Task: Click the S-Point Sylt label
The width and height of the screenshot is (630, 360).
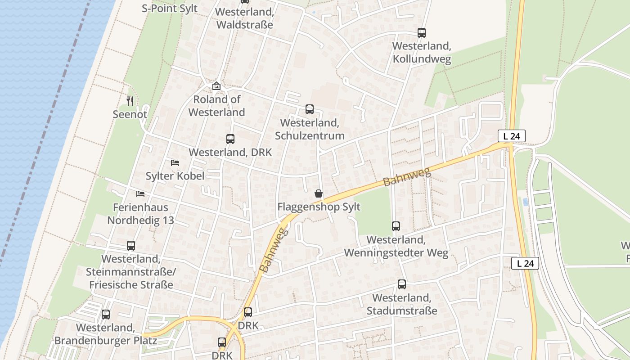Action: (170, 8)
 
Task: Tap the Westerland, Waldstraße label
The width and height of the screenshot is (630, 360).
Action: (244, 18)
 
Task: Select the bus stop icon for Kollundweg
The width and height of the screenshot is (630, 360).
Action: (422, 32)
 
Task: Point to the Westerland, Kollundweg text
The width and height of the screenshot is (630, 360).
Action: (422, 52)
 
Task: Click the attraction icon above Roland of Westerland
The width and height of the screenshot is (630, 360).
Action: (216, 85)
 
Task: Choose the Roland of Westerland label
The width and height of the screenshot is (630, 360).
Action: (216, 106)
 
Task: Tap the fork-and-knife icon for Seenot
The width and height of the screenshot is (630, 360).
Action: (130, 101)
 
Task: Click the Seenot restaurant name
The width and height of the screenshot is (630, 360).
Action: (130, 114)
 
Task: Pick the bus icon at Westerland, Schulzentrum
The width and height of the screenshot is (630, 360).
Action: (310, 109)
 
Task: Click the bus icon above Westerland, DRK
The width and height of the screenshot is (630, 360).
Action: (230, 139)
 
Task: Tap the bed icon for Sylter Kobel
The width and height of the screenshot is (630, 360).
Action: (175, 162)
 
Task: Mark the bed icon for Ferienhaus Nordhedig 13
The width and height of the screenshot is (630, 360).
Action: (140, 194)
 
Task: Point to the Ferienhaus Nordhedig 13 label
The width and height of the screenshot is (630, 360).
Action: (140, 214)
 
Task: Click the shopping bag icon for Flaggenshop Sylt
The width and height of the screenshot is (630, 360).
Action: (319, 193)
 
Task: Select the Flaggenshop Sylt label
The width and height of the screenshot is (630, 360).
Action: (319, 207)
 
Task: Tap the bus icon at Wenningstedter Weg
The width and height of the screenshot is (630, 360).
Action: (396, 226)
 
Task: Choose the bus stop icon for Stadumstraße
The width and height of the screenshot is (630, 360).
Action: (402, 284)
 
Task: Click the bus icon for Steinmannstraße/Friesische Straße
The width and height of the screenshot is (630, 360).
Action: (131, 246)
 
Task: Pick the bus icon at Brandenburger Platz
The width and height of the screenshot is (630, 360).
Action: (106, 315)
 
